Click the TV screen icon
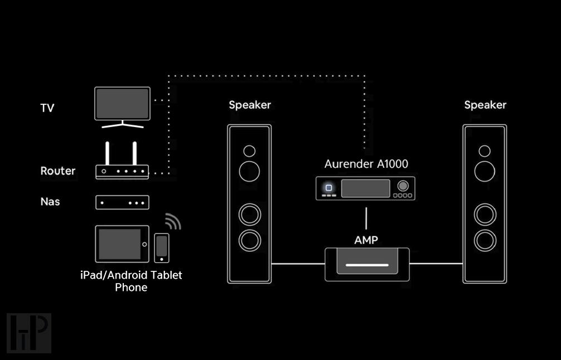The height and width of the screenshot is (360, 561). point(122,104)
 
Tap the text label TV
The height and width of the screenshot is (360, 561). point(47,108)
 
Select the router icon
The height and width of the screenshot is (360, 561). point(122,171)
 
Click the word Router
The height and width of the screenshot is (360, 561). point(57,171)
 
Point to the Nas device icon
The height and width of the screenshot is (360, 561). point(122,202)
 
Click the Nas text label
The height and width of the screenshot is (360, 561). point(50,201)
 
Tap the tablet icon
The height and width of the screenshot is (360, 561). point(122,244)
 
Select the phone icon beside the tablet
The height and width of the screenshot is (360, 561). point(162,247)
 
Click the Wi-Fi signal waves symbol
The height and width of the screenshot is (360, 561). point(173,221)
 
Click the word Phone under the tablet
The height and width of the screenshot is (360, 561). point(131,288)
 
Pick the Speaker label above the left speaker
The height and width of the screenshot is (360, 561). point(250,105)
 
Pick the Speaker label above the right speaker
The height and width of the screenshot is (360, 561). point(485,105)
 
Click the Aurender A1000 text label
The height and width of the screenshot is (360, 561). point(366,164)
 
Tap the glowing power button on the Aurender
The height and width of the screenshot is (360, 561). point(329,188)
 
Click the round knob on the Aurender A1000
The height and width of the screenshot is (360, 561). point(403,186)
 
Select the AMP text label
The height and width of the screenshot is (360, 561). point(366,240)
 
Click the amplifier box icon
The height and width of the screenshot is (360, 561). point(367,264)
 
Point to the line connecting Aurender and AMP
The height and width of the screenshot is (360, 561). point(366,218)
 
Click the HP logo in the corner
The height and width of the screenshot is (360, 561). point(29,333)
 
